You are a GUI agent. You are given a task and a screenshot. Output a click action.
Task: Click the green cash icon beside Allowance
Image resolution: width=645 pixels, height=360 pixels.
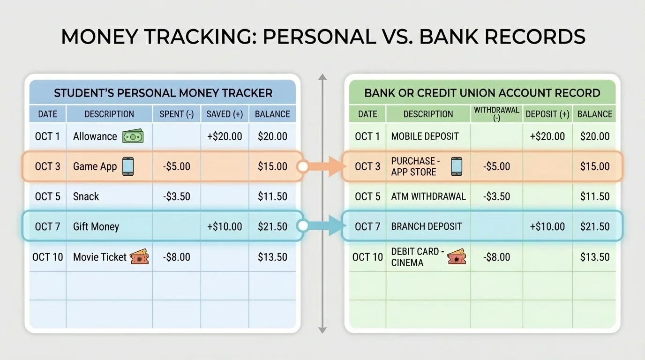click(133, 136)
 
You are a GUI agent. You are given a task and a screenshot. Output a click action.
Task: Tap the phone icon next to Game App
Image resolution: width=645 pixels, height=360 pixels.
click(127, 166)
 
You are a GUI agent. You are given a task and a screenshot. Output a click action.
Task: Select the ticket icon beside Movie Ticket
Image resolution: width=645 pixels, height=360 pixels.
click(139, 256)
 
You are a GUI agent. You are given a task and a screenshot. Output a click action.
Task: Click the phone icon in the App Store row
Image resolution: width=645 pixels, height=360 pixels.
click(456, 166)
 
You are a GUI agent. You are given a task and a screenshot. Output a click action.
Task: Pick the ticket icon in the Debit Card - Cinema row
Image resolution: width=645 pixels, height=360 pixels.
click(456, 257)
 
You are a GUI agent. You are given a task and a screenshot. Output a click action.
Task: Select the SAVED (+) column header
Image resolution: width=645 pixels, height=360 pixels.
click(225, 114)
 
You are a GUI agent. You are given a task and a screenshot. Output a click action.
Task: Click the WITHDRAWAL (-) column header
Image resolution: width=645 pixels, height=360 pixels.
click(496, 114)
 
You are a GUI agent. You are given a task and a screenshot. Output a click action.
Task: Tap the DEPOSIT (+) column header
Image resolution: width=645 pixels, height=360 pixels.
click(547, 114)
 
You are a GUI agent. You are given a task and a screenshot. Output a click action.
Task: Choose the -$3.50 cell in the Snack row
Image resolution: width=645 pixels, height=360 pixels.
click(177, 196)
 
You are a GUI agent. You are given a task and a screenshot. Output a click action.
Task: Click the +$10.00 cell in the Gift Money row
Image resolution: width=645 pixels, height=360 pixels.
click(225, 226)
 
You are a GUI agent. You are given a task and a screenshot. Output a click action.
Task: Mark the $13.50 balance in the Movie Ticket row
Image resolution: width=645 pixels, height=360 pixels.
click(272, 257)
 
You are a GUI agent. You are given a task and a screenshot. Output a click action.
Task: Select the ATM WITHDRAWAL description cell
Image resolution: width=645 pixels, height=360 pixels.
click(428, 196)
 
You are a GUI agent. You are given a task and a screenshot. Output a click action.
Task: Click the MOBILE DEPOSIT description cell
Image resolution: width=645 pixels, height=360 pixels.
click(425, 136)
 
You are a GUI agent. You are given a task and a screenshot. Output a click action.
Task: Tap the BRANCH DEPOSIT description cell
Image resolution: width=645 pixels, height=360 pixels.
click(427, 226)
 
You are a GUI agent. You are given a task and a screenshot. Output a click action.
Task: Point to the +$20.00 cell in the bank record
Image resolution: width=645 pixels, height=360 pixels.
click(547, 136)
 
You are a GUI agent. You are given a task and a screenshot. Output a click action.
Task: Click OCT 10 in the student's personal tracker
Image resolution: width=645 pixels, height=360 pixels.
click(48, 257)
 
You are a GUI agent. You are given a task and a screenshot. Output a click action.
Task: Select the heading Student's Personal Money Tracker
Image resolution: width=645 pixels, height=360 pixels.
click(163, 93)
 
